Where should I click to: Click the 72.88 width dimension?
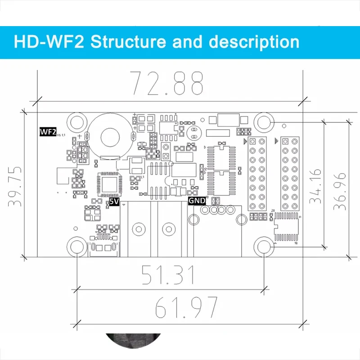[x=166, y=82]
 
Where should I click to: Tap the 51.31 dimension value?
[x=168, y=275]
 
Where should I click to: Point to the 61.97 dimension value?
[x=186, y=307]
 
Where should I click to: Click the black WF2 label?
[x=48, y=132]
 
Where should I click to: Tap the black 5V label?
[x=113, y=202]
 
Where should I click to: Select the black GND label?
[x=196, y=201]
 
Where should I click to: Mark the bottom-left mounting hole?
[x=77, y=247]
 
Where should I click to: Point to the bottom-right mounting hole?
[x=263, y=247]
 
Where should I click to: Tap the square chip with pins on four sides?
[x=109, y=184]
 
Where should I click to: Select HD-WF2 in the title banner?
[x=49, y=42]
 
